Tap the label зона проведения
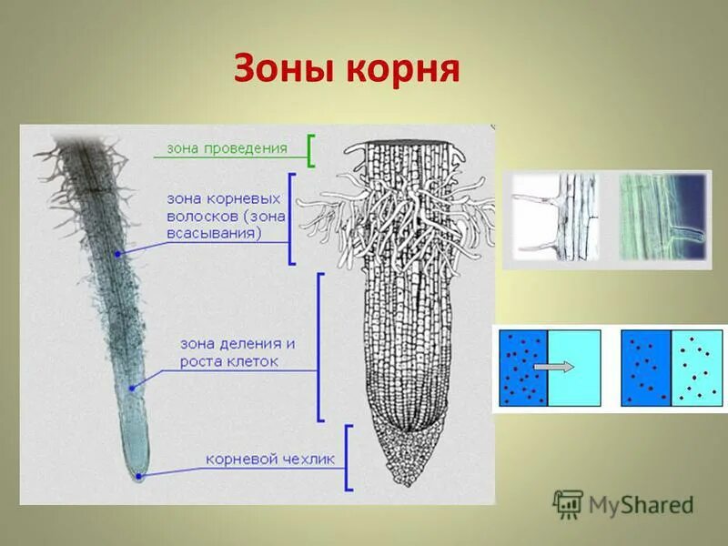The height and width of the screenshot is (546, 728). (x=227, y=148)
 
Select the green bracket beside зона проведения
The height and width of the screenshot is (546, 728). (x=310, y=150)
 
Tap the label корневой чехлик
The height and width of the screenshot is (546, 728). (x=257, y=460)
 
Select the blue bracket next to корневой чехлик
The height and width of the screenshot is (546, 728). (x=347, y=459)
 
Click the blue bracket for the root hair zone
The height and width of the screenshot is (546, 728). (x=291, y=218)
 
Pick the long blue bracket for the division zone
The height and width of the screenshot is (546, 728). (x=319, y=347)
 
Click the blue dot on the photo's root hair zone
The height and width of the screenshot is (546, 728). (x=117, y=253)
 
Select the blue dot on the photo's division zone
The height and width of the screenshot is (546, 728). (x=131, y=388)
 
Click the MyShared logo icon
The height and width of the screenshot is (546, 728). (x=568, y=503)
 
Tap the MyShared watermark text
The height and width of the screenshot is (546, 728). (x=641, y=504)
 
